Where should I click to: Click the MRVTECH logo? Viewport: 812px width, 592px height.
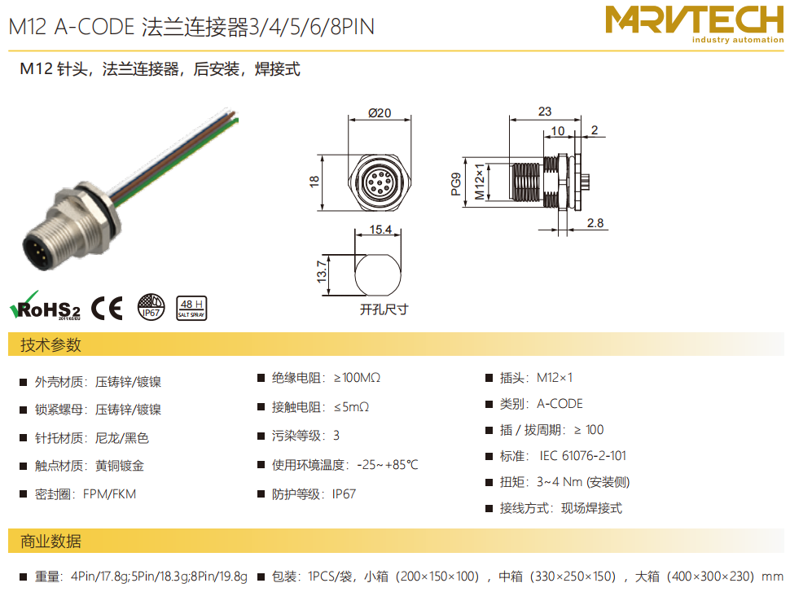click(x=695, y=24)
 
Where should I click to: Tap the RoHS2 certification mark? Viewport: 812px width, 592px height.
click(x=45, y=306)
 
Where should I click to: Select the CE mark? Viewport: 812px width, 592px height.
click(x=108, y=308)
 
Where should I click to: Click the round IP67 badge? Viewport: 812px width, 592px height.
click(x=151, y=307)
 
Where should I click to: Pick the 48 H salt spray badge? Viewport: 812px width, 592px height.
click(x=191, y=308)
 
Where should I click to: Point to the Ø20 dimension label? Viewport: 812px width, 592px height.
click(x=380, y=113)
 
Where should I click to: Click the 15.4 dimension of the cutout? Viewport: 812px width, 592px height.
click(x=380, y=230)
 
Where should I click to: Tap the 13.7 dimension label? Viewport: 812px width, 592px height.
click(x=322, y=272)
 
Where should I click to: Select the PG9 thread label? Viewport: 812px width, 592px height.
click(x=456, y=184)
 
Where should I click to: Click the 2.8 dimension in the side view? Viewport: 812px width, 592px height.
click(x=595, y=223)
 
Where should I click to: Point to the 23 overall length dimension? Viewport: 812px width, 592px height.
click(x=545, y=112)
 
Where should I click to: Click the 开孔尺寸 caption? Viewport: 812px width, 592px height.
click(x=384, y=309)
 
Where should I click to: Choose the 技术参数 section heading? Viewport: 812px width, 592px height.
click(x=50, y=344)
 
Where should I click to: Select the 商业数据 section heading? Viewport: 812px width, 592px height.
click(x=50, y=541)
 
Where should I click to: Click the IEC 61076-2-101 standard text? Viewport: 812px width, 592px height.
click(x=582, y=456)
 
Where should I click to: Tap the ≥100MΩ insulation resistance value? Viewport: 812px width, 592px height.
click(x=358, y=378)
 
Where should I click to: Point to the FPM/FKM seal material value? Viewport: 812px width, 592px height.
click(x=109, y=494)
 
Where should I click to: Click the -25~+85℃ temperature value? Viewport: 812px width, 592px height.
click(x=388, y=465)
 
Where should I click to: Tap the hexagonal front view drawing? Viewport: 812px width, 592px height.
click(x=380, y=182)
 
